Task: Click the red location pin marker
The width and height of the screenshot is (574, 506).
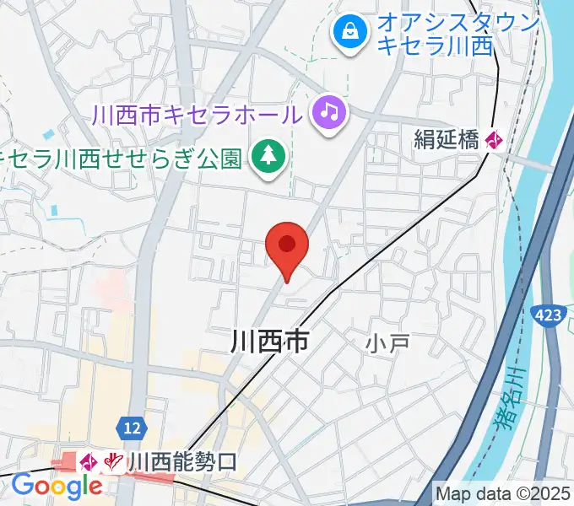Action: coord(287,250)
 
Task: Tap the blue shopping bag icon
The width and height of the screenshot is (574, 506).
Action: coord(348,33)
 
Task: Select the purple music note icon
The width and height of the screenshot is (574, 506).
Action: coord(330,112)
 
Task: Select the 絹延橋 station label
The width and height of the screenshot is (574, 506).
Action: coord(447,140)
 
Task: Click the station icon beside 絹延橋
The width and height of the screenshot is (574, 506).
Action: coord(494,140)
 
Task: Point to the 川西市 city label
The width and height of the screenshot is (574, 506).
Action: coord(269,341)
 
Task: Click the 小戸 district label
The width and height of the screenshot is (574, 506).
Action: coord(387,342)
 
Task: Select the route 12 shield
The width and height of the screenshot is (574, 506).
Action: coord(130,428)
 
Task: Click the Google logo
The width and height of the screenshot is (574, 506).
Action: coord(57,487)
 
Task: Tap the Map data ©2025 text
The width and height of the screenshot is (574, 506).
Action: coord(504,493)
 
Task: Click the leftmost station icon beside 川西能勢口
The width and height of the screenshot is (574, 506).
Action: coord(89,461)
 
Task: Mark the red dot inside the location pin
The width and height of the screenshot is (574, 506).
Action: coord(287,244)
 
